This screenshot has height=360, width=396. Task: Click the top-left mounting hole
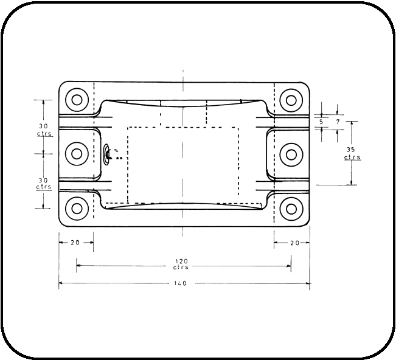77,100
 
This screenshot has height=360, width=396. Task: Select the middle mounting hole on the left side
77,153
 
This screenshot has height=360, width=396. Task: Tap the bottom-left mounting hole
77,208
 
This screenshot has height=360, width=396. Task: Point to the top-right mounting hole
291,100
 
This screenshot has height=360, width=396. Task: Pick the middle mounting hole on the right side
291,153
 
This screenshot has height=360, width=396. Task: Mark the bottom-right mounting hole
291,208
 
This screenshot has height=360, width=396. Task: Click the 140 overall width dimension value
180,283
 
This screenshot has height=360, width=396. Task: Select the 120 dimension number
181,261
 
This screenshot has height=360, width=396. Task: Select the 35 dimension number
352,150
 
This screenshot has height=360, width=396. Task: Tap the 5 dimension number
321,122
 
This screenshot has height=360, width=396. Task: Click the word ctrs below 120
181,268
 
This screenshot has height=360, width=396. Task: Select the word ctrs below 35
352,157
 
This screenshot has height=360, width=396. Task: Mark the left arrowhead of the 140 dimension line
61,283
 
